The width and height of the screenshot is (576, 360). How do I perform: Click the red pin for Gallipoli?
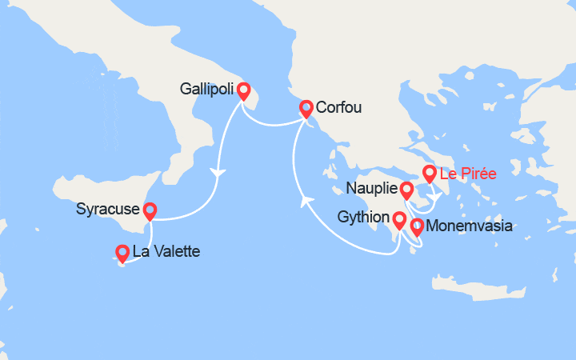[242, 91]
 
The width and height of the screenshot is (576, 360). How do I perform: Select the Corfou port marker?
[306, 107]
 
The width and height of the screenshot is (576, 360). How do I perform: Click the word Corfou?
[338, 106]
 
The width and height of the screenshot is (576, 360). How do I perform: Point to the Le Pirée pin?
[430, 173]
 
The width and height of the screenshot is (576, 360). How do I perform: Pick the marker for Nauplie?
[406, 190]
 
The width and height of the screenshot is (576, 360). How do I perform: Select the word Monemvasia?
[470, 226]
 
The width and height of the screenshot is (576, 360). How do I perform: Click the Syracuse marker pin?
[149, 210]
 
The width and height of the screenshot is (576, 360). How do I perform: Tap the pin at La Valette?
[122, 253]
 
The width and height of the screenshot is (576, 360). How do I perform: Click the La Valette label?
[166, 252]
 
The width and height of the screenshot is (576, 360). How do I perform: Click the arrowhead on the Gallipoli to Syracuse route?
[216, 172]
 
